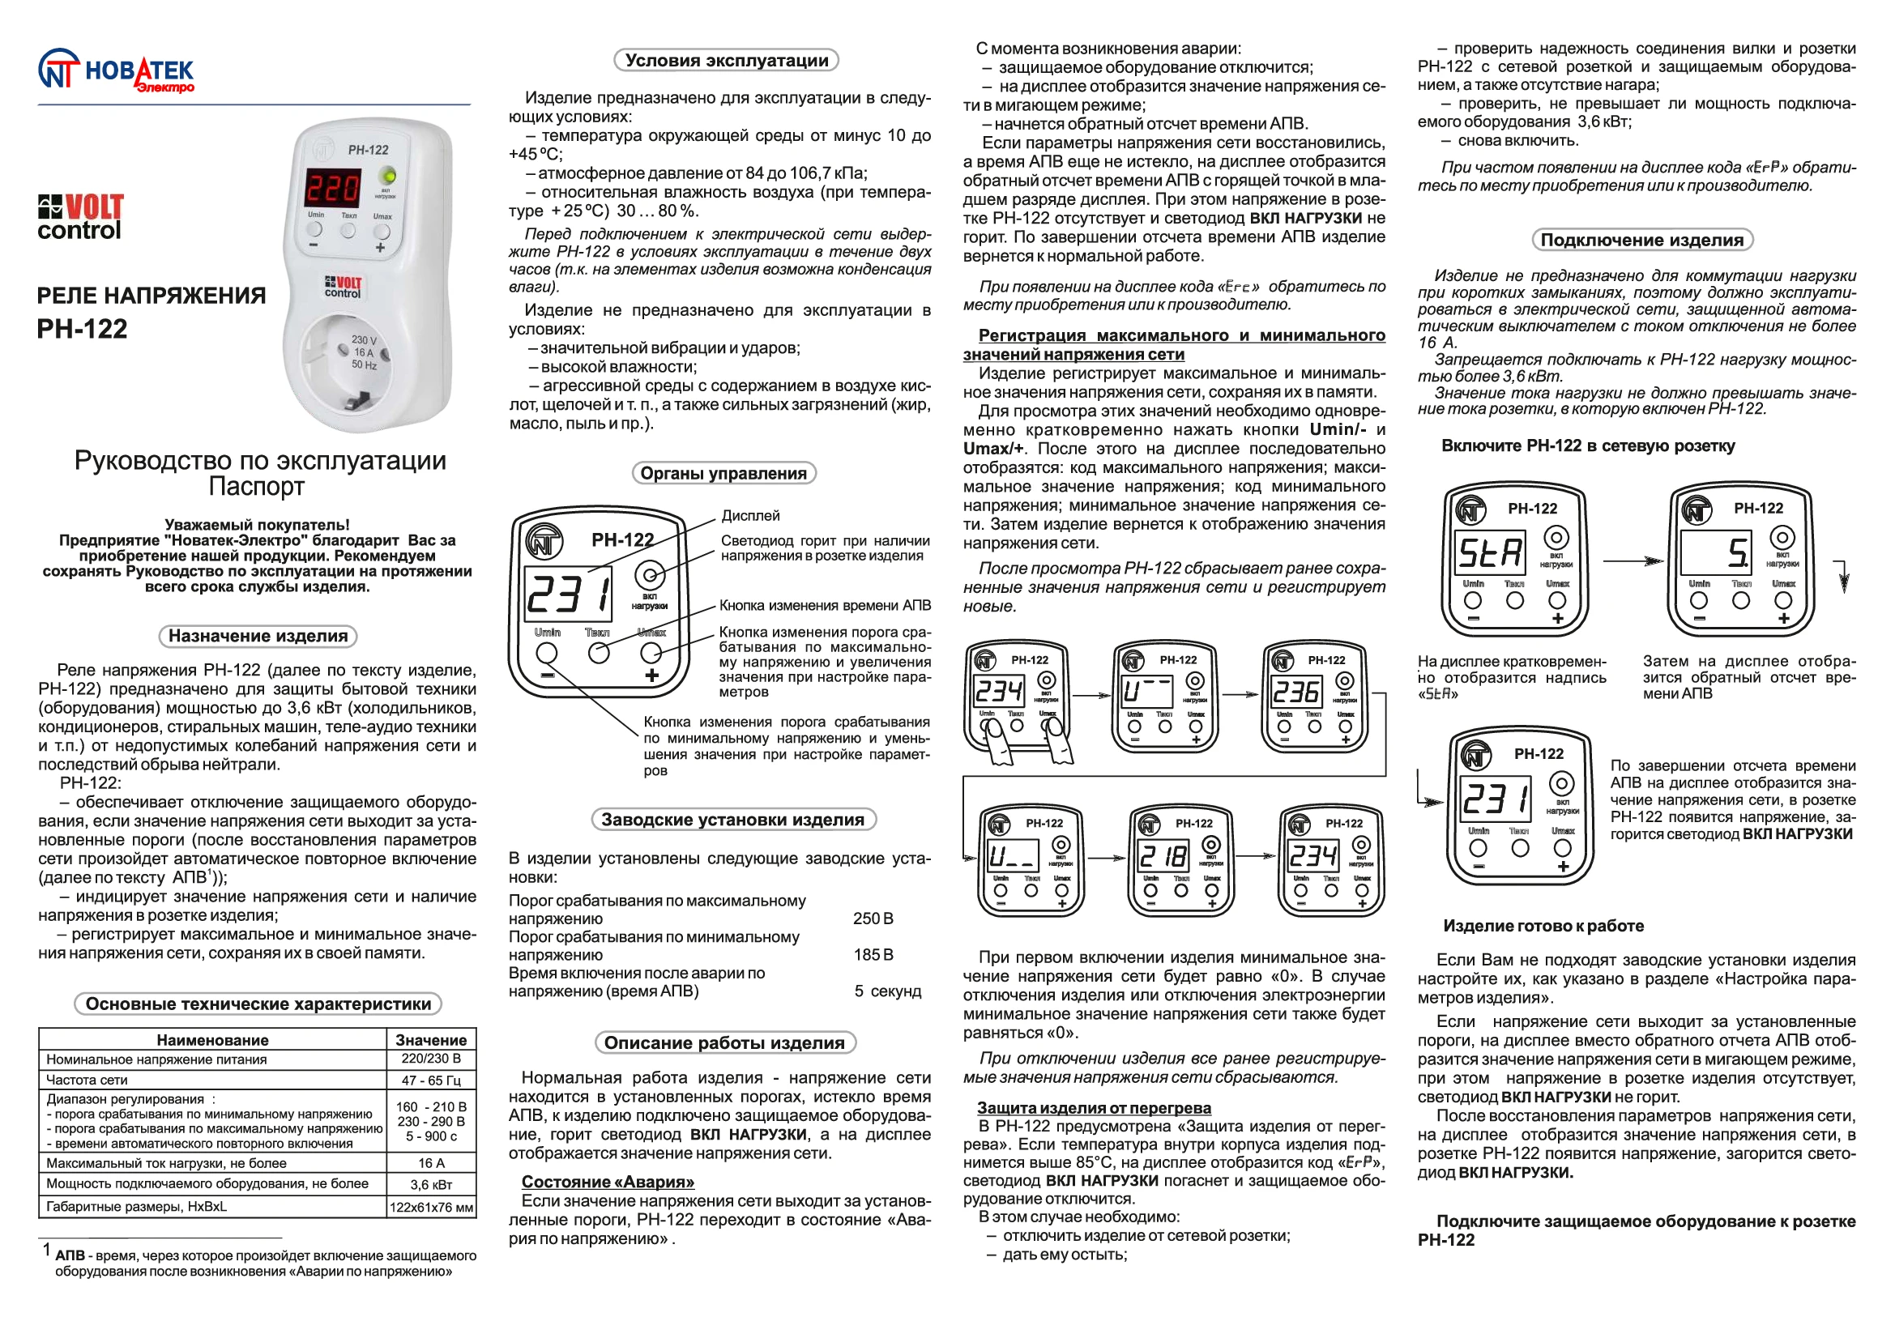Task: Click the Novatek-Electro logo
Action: tap(116, 73)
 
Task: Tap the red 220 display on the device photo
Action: tap(334, 188)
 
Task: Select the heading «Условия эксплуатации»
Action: tap(726, 60)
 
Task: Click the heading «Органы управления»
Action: tap(723, 473)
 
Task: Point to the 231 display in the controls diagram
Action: tap(570, 595)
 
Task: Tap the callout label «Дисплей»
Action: tap(750, 516)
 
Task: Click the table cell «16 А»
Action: tap(431, 1162)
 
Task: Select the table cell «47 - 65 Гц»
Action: tap(431, 1080)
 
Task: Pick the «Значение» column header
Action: tap(431, 1040)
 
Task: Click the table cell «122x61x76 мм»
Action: tap(431, 1207)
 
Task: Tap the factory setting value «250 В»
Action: tap(873, 918)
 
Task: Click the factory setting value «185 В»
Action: tap(873, 955)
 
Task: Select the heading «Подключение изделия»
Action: tap(1641, 240)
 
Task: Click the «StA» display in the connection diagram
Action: tap(1490, 553)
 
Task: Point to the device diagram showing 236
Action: tap(1314, 695)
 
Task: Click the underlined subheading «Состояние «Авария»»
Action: tap(608, 1182)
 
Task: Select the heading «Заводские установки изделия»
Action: tap(733, 820)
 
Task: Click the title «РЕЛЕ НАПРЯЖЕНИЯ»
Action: tap(151, 296)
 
